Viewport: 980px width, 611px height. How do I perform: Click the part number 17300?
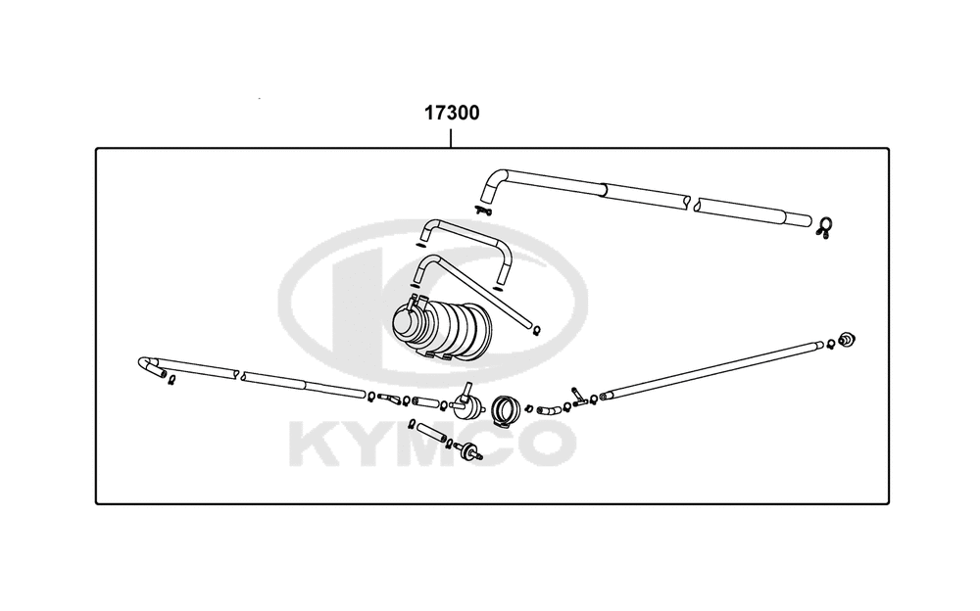[452, 113]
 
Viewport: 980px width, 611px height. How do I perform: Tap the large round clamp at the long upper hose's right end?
[824, 227]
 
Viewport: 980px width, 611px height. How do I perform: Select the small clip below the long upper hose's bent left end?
[483, 211]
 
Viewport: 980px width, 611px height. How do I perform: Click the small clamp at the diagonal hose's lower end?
[537, 329]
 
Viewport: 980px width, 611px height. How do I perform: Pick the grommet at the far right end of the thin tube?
[847, 340]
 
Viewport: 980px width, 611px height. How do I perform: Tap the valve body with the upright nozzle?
[466, 403]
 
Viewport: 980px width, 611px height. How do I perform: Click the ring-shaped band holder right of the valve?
[506, 409]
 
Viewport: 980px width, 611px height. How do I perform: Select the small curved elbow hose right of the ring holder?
[549, 410]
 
